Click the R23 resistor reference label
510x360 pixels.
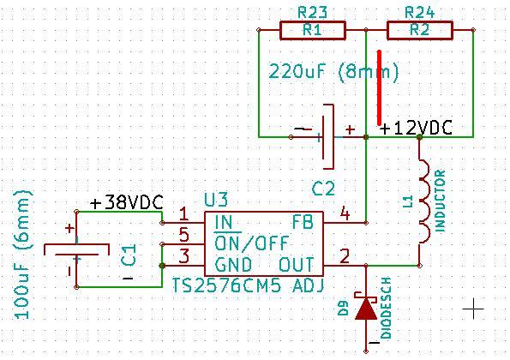point(313,13)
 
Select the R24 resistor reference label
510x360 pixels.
point(420,13)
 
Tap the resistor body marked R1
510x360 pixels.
point(313,31)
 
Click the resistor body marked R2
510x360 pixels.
point(420,31)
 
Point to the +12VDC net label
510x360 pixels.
point(416,128)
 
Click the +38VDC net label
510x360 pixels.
point(127,203)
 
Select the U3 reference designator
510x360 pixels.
point(216,200)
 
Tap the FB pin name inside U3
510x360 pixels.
point(303,223)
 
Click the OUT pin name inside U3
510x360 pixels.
point(297,265)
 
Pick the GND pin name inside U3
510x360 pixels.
point(233,265)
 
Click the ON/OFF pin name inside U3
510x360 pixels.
point(251,243)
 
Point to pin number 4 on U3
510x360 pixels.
point(345,213)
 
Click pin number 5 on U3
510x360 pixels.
point(184,235)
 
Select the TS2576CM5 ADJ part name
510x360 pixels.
point(248,285)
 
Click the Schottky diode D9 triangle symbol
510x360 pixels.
point(366,309)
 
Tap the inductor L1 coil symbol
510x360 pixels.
point(424,201)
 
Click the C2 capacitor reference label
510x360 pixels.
point(323,189)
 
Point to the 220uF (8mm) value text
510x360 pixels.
point(334,71)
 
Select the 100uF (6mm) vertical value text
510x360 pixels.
point(23,255)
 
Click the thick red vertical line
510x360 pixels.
point(379,87)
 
